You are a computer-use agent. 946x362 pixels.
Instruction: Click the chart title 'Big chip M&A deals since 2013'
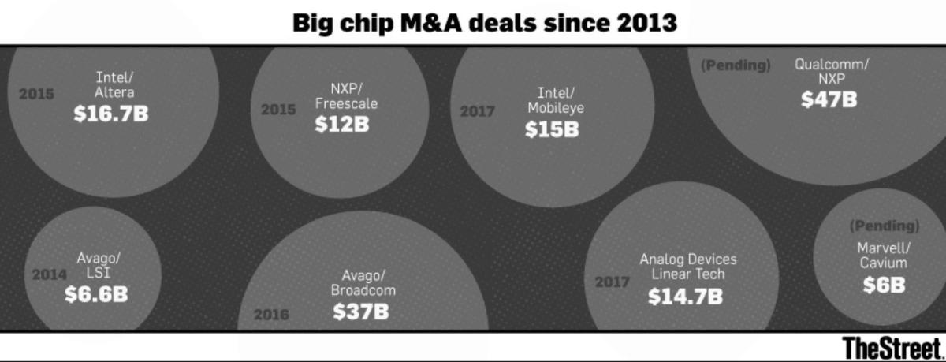click(484, 22)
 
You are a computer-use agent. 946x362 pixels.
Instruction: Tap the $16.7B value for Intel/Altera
click(111, 114)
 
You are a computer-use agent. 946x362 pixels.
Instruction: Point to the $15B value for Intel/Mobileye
click(552, 130)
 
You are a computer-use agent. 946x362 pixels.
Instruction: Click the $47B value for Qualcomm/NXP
click(829, 100)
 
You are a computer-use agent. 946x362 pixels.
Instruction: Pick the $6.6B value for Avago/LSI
click(96, 294)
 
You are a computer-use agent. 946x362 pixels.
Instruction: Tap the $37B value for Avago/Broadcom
click(361, 312)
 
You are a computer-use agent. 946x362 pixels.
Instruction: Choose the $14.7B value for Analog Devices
click(684, 297)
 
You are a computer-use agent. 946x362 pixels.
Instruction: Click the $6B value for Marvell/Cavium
click(883, 285)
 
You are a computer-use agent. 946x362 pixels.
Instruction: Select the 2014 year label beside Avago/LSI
click(50, 276)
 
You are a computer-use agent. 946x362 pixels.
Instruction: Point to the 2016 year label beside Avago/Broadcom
click(271, 315)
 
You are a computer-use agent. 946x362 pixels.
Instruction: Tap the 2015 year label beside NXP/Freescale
click(278, 110)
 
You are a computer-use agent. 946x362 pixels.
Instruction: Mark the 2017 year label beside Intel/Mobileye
click(477, 112)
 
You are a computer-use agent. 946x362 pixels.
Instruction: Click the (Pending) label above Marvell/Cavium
click(885, 226)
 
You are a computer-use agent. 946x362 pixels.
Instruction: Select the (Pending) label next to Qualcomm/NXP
click(736, 65)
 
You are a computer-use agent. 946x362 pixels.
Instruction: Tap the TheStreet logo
click(892, 348)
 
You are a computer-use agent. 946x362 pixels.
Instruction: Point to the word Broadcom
click(363, 290)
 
